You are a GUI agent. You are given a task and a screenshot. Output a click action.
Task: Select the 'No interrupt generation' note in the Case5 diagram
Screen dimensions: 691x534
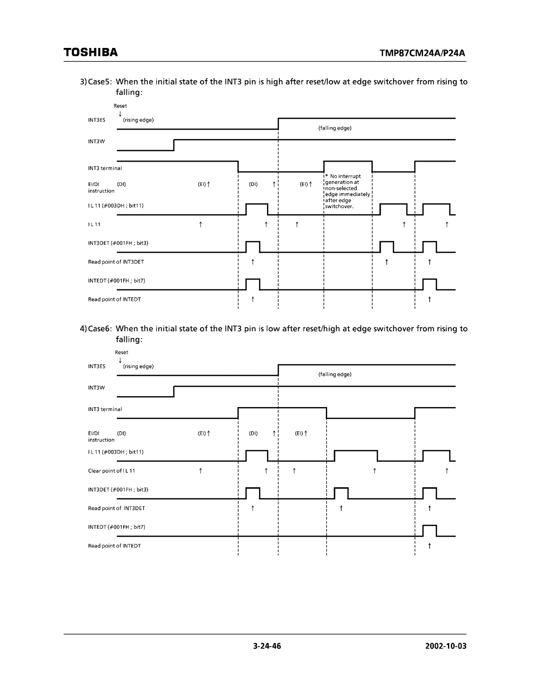pyautogui.click(x=347, y=191)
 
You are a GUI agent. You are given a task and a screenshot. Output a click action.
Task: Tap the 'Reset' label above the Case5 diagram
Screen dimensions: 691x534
pyautogui.click(x=120, y=106)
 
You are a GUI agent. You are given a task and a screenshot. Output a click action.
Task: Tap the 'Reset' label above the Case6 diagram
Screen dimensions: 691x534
pyautogui.click(x=122, y=352)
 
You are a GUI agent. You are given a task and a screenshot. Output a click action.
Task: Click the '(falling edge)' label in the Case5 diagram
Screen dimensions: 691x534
pyautogui.click(x=335, y=128)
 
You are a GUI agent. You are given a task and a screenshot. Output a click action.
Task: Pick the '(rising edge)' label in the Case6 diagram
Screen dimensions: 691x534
pyautogui.click(x=139, y=367)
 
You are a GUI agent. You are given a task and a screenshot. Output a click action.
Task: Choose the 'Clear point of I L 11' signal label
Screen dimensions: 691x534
pyautogui.click(x=111, y=471)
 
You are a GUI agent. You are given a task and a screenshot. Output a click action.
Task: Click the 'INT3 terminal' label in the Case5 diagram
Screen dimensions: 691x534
pyautogui.click(x=105, y=169)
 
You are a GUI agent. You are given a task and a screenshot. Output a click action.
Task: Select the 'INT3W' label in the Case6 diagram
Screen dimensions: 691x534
pyautogui.click(x=96, y=388)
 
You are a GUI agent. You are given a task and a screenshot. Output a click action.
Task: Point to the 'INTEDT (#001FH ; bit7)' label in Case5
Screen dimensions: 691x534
pyautogui.click(x=117, y=281)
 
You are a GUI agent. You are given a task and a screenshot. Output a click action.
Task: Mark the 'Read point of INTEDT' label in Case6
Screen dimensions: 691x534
pyautogui.click(x=114, y=546)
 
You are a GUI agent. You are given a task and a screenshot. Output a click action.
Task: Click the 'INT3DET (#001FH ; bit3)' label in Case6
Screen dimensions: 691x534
pyautogui.click(x=118, y=490)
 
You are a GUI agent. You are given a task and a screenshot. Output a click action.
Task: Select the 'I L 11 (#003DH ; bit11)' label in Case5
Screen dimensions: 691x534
pyautogui.click(x=116, y=205)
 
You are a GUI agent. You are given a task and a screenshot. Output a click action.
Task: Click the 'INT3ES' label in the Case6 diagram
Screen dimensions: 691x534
pyautogui.click(x=97, y=367)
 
